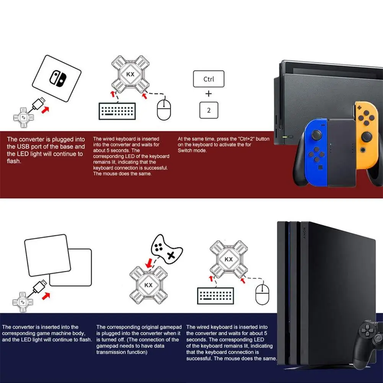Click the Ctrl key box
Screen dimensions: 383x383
pos(209,79)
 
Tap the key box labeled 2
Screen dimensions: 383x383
pos(209,110)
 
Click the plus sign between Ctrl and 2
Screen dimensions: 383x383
pos(209,94)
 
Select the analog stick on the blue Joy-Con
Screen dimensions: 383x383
pos(317,135)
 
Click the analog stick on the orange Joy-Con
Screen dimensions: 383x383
pos(367,136)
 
